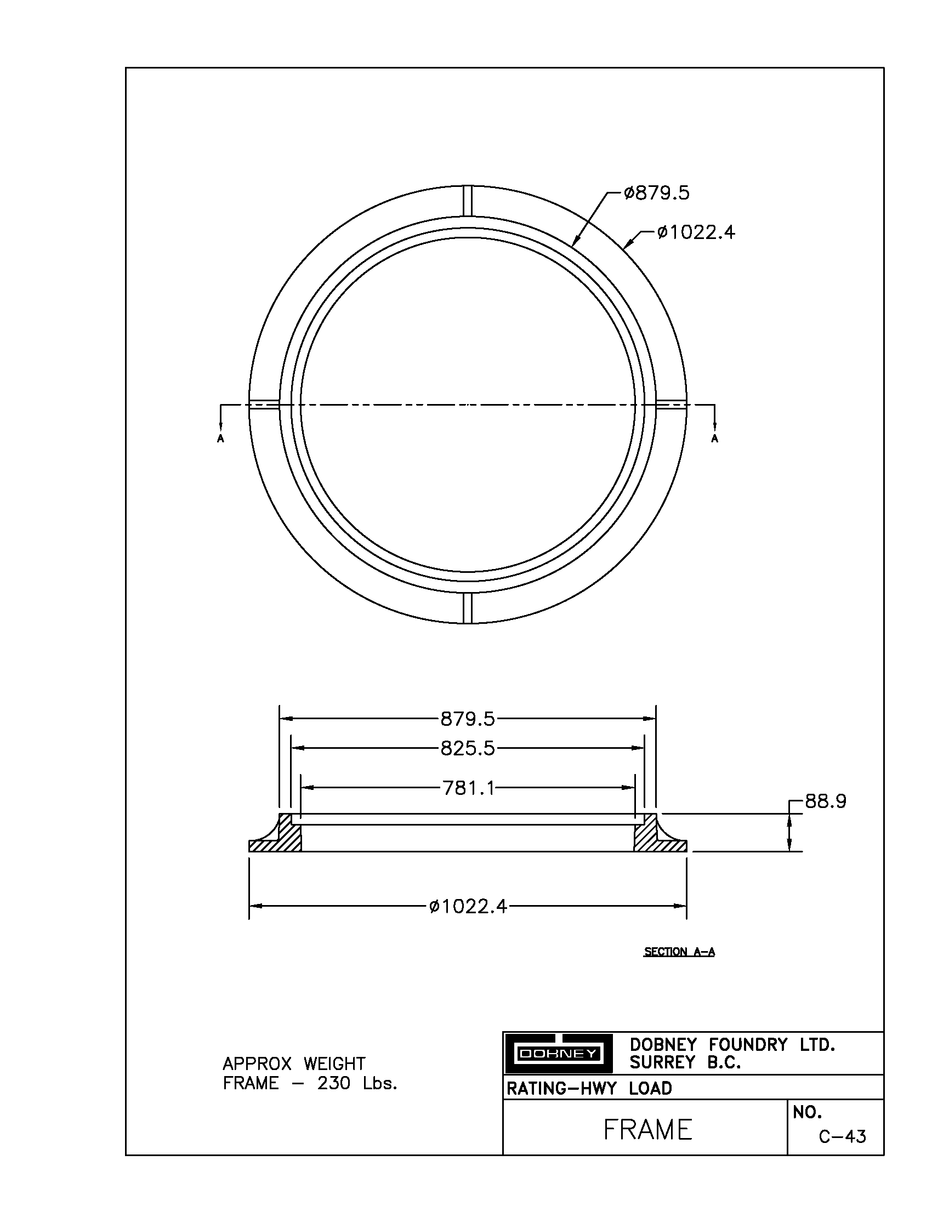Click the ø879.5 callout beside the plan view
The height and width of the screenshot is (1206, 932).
[656, 194]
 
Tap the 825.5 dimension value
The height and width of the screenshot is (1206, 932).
[467, 749]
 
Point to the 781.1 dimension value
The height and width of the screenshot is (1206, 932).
[468, 788]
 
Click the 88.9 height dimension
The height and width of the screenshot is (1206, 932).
[825, 801]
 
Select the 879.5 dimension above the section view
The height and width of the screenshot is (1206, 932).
[467, 719]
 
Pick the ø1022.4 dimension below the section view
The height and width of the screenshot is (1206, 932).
[468, 906]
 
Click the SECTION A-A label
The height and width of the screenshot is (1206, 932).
[679, 952]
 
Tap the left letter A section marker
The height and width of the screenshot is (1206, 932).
[221, 439]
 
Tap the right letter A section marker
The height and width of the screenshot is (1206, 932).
[715, 439]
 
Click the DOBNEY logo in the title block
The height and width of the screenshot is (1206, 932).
[558, 1054]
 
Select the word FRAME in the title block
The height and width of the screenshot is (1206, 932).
[647, 1130]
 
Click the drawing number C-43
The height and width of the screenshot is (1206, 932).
[843, 1136]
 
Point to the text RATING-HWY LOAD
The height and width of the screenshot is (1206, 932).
[589, 1088]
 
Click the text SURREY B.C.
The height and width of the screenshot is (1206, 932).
[685, 1062]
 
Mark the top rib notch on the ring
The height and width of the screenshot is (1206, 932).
[468, 201]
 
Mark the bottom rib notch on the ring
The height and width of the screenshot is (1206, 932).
[468, 608]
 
